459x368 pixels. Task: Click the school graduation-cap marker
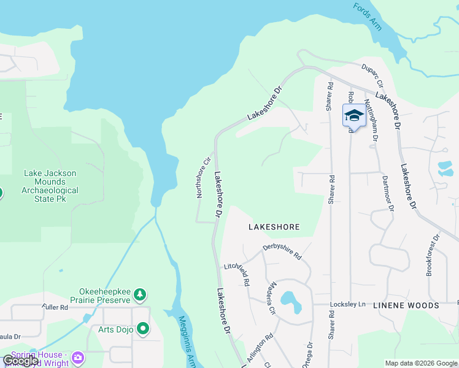354,115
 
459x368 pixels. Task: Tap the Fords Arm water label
368,16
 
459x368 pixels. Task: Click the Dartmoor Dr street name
387,189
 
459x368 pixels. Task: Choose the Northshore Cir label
202,179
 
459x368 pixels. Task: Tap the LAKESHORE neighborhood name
274,227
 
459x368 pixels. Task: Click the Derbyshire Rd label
282,250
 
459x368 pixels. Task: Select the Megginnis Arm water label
187,338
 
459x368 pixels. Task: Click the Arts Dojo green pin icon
143,329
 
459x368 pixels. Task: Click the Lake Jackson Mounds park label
51,182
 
